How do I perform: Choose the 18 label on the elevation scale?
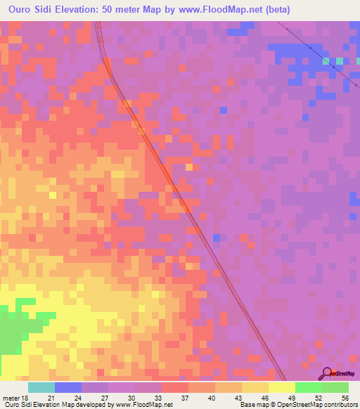coord(25,397)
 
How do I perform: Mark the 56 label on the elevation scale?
coord(345,397)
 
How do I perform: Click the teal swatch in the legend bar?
coord(41,387)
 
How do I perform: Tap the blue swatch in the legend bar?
coord(67,387)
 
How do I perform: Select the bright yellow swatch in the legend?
coord(281,387)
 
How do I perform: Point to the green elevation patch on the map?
coord(14,330)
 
